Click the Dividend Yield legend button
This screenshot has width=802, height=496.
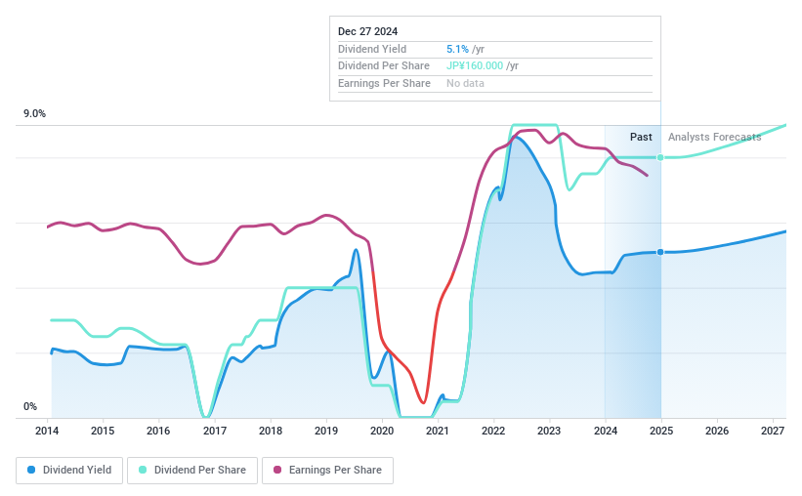point(69,470)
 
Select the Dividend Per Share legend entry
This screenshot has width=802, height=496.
point(192,470)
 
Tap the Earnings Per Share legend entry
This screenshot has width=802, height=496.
point(327,470)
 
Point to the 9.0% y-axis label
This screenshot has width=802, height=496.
point(34,114)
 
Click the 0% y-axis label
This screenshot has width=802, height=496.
point(30,407)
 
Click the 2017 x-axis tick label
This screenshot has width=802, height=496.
point(215,431)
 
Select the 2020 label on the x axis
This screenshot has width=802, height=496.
point(382,431)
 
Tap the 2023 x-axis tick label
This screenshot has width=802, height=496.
point(549,431)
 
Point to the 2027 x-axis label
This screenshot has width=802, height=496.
point(772,431)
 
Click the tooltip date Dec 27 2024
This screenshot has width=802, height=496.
point(368,32)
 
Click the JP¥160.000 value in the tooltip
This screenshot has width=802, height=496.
point(475,65)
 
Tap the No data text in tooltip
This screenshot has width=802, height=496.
point(465,83)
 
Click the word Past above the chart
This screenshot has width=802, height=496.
point(641,137)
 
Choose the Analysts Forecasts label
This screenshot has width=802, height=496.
point(714,137)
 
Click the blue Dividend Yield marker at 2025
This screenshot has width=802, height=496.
point(661,252)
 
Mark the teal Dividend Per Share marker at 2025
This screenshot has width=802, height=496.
point(661,157)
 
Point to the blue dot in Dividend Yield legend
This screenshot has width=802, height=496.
point(32,470)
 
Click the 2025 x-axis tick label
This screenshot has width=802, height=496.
point(660,431)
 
